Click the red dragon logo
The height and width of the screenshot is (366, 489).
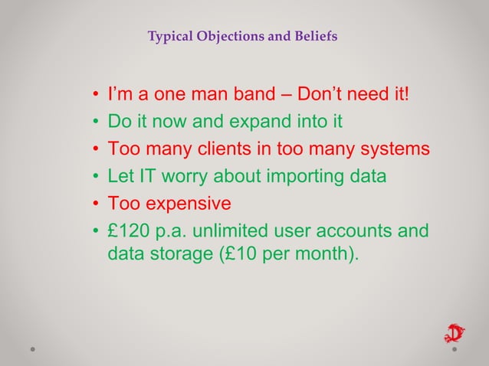[455, 334]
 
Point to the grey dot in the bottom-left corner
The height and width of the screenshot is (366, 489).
[33, 348]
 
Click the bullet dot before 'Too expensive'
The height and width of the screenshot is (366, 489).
[96, 206]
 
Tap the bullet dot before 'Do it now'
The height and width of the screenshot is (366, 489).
[96, 123]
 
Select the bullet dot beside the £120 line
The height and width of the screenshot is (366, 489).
[96, 234]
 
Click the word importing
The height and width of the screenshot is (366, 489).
[307, 178]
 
